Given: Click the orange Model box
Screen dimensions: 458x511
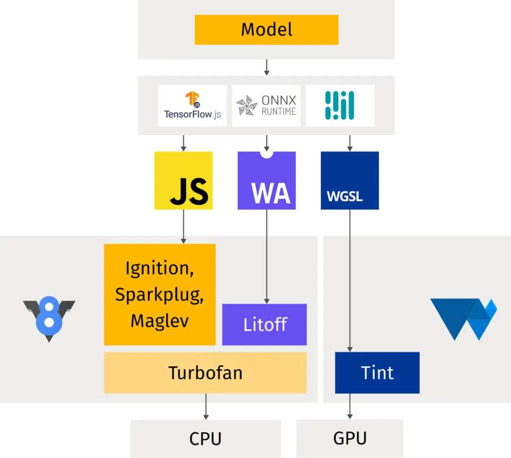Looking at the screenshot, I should [266, 30].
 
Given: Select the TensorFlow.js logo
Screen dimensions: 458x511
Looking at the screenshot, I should [192, 105].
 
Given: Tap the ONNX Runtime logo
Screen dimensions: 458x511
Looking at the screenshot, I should [266, 105].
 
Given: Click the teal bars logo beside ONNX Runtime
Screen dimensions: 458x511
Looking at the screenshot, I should [340, 105].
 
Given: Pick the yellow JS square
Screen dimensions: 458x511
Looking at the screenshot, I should [184, 180].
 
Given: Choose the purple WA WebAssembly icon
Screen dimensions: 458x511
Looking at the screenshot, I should [266, 180].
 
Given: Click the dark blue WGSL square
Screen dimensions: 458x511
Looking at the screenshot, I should [349, 180].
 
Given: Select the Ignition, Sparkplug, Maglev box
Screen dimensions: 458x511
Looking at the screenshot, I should [160, 294].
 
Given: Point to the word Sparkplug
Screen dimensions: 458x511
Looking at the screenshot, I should [159, 294].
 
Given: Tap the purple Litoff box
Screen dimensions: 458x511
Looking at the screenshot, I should [264, 324].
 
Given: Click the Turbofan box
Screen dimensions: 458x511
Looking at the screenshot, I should [205, 373].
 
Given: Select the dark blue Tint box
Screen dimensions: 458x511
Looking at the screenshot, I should [377, 373].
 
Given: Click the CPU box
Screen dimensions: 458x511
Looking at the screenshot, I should [206, 439].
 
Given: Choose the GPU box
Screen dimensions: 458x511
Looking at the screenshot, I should [349, 439].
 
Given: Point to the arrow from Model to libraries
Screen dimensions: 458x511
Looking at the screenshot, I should [266, 67].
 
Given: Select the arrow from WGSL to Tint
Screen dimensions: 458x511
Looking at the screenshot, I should [349, 279].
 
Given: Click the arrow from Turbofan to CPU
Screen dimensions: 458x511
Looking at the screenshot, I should [206, 406].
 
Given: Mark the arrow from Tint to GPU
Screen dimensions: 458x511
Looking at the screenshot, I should [349, 406].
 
